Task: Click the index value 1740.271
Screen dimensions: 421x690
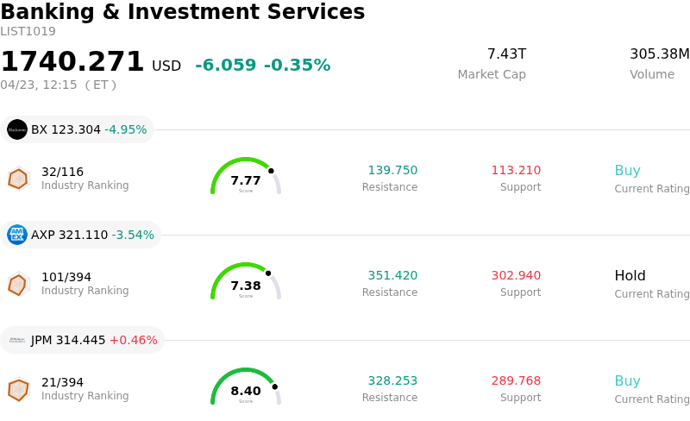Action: tap(72, 62)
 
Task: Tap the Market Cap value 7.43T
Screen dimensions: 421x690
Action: tap(506, 54)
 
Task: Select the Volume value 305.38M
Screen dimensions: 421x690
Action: tap(659, 54)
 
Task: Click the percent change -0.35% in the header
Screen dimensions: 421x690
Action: tap(297, 66)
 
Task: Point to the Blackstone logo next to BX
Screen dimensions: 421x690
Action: tap(17, 129)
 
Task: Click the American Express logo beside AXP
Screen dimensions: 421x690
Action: tap(17, 235)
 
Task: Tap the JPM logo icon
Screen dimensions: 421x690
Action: tap(17, 340)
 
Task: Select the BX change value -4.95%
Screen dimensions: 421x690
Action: tap(126, 130)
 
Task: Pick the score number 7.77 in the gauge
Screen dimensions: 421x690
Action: tap(246, 180)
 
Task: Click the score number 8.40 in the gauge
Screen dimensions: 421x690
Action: tap(246, 391)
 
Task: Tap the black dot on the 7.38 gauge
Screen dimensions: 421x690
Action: tap(268, 273)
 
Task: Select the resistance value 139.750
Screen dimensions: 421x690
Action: tap(392, 171)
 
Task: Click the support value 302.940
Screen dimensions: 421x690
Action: tap(516, 276)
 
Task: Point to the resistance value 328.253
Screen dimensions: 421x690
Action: tap(392, 381)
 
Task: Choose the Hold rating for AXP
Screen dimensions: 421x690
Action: tap(630, 276)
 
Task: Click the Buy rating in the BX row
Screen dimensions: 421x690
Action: tap(627, 171)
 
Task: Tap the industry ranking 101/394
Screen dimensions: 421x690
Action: tap(66, 277)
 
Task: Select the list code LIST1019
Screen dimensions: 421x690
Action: tap(28, 32)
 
